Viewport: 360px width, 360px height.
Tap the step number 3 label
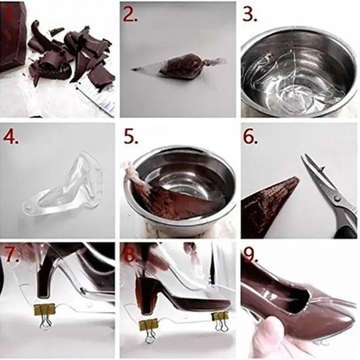(250, 14)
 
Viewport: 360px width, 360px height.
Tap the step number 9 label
(250, 255)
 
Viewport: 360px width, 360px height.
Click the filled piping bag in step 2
(179, 66)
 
